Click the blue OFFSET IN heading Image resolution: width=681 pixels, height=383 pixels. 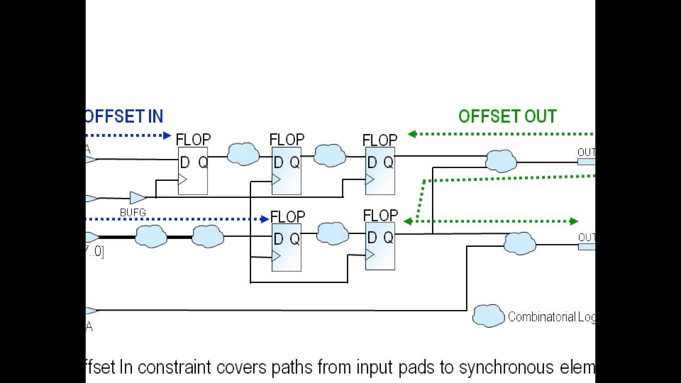tap(124, 116)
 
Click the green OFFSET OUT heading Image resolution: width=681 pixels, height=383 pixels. tap(507, 116)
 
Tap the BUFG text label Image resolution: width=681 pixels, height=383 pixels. tap(132, 213)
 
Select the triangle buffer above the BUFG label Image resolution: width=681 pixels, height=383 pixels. tap(137, 198)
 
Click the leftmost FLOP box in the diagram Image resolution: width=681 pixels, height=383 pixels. tap(193, 171)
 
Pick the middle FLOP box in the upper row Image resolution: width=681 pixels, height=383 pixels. tap(286, 171)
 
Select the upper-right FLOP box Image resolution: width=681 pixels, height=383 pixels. tap(380, 171)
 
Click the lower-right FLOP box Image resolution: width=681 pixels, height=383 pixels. tap(380, 246)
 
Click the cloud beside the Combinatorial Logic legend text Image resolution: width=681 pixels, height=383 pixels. tap(488, 316)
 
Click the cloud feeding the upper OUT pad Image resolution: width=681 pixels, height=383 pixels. tap(501, 161)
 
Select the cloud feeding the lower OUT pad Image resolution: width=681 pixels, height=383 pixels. tap(519, 243)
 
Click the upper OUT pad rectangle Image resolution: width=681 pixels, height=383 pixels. tap(586, 162)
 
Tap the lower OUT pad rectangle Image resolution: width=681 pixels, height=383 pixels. tap(586, 246)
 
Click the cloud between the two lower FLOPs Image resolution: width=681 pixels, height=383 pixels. tap(333, 234)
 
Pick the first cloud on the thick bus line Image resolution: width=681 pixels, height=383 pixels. tap(151, 236)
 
